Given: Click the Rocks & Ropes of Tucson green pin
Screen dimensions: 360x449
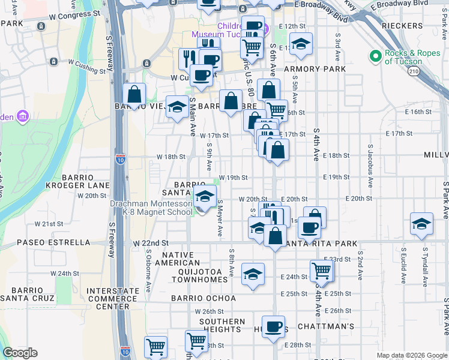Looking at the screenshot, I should pos(376,56).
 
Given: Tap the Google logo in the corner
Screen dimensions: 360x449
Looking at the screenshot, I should pos(20,353).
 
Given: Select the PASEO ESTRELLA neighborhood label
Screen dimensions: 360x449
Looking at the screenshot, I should pos(53,243).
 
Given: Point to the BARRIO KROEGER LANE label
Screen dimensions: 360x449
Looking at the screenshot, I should pos(71,181).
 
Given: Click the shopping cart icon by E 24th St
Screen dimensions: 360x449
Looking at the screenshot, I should pos(322,271).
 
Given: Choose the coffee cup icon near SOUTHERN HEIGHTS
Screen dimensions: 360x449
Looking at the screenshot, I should pos(273,327).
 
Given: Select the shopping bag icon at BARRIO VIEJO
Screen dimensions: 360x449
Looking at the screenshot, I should pos(134,94).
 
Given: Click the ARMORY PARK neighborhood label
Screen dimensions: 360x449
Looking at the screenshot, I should pos(315,69).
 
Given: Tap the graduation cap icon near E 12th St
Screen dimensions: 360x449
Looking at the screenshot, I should pos(301,44).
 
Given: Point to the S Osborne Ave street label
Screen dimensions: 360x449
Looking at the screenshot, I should pos(148,266).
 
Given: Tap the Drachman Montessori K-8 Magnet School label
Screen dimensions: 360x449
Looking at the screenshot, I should pos(151,207).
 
